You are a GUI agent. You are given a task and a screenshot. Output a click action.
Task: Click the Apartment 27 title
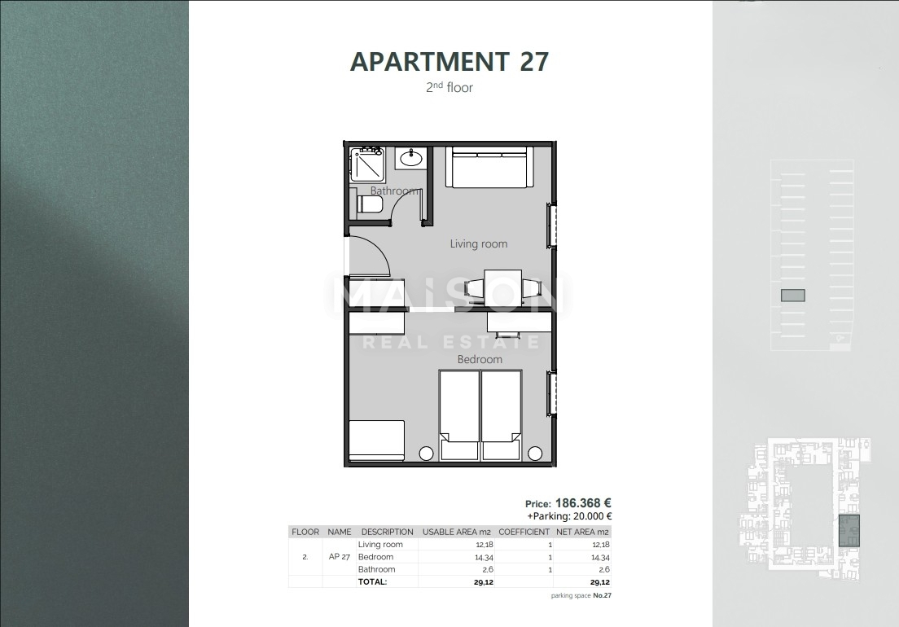pyautogui.click(x=449, y=62)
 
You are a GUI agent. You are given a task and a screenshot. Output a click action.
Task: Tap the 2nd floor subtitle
pyautogui.click(x=449, y=87)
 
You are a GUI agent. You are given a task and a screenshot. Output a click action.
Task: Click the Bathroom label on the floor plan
pyautogui.click(x=393, y=191)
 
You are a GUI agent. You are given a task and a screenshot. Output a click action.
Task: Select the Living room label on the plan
pyautogui.click(x=479, y=243)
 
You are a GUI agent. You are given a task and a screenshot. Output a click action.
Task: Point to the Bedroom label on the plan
pyautogui.click(x=480, y=359)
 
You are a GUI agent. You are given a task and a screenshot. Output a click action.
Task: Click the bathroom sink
pyautogui.click(x=410, y=158)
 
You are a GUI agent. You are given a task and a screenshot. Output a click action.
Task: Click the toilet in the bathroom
pyautogui.click(x=363, y=204)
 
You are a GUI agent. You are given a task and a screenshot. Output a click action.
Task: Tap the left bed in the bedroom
pyautogui.click(x=459, y=415)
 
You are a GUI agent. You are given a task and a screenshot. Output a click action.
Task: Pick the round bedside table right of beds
pyautogui.click(x=535, y=454)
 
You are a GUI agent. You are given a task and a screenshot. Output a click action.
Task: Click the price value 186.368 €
pyautogui.click(x=583, y=503)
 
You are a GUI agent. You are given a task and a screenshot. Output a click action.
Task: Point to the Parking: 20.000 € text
pyautogui.click(x=569, y=515)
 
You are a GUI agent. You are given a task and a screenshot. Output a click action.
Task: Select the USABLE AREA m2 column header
pyautogui.click(x=456, y=532)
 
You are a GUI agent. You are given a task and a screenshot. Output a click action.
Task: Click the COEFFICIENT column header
pyautogui.click(x=524, y=532)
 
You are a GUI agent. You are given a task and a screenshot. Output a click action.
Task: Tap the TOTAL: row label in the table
pyautogui.click(x=373, y=582)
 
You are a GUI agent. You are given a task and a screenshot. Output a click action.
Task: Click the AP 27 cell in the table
pyautogui.click(x=340, y=557)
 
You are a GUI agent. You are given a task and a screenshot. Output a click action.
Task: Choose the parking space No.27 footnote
pyautogui.click(x=581, y=596)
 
